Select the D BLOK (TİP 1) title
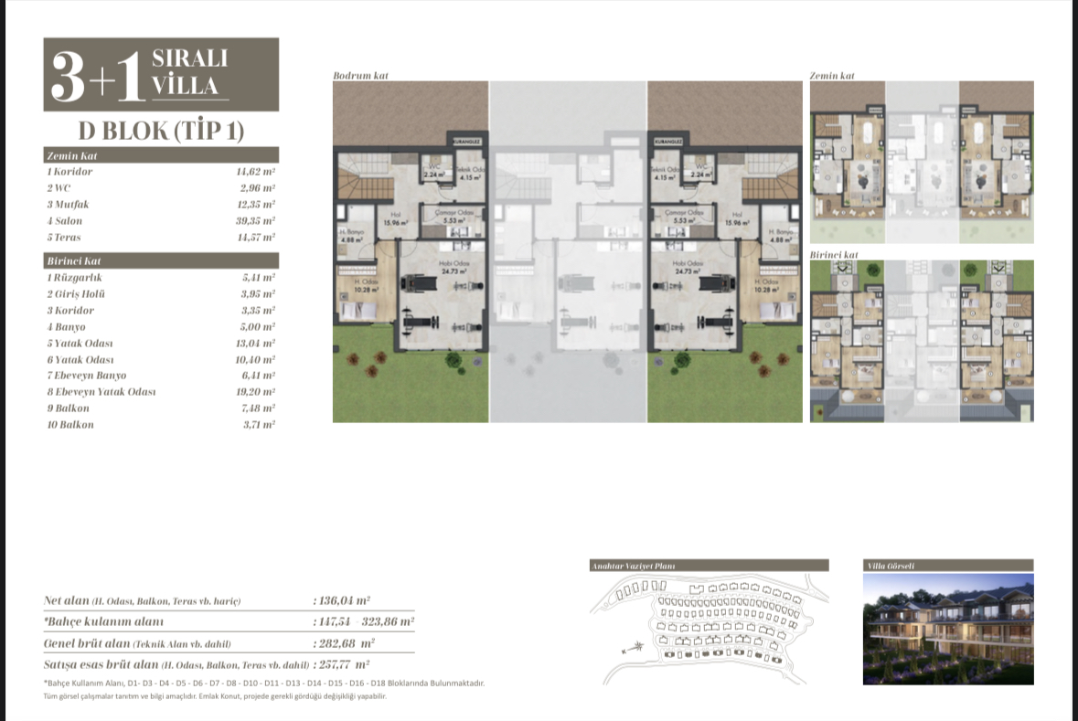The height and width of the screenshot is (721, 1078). pyautogui.click(x=161, y=131)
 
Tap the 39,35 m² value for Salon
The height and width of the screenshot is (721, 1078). pyautogui.click(x=255, y=221)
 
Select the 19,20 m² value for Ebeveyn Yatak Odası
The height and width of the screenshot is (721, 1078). pyautogui.click(x=255, y=392)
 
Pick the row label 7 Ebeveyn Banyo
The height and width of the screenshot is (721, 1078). pyautogui.click(x=86, y=376)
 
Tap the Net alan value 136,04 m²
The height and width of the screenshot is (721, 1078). pyautogui.click(x=342, y=600)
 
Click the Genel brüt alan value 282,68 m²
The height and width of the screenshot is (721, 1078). pyautogui.click(x=342, y=643)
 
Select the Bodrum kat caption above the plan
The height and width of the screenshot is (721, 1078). pyautogui.click(x=360, y=75)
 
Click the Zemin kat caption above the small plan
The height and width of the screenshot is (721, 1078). pyautogui.click(x=832, y=75)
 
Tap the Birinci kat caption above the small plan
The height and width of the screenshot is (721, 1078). pyautogui.click(x=834, y=254)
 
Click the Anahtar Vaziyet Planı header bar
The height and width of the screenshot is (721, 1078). pyautogui.click(x=710, y=566)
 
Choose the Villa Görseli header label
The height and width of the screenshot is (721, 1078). pyautogui.click(x=890, y=566)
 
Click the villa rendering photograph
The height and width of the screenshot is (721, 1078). pyautogui.click(x=948, y=630)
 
